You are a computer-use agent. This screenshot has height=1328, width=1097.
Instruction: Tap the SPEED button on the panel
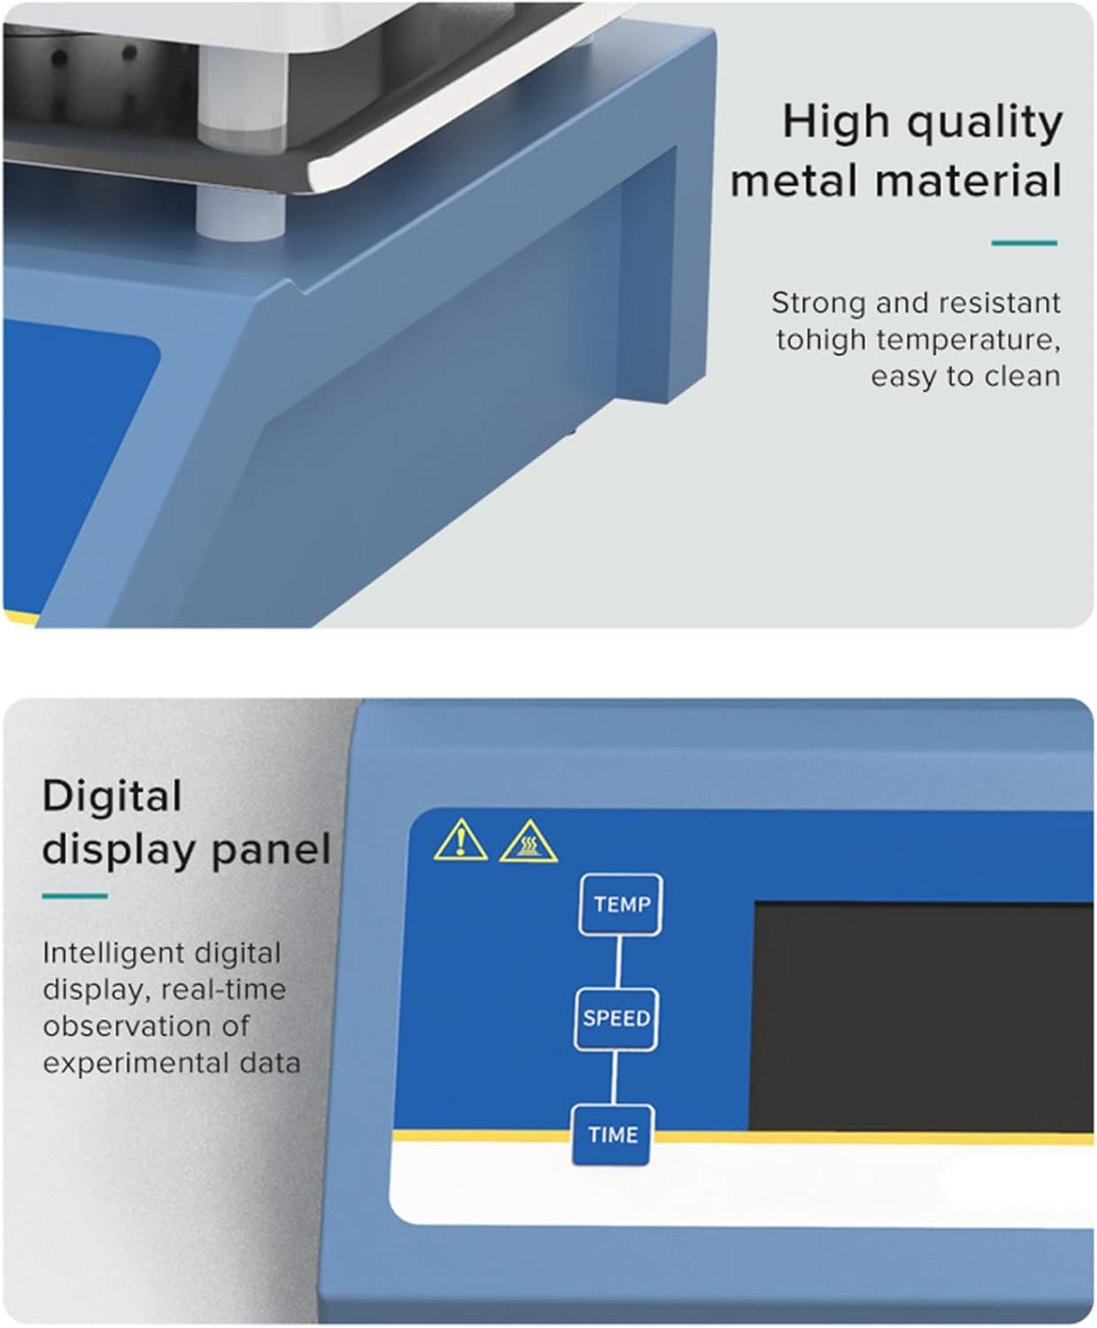(615, 1019)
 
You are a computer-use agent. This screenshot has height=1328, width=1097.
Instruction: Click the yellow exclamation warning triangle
(460, 840)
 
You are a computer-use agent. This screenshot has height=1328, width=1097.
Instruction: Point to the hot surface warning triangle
(529, 842)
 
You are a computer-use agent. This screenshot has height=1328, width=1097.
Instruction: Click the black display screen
(923, 1017)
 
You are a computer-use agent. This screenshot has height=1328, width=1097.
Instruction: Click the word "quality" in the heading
(985, 122)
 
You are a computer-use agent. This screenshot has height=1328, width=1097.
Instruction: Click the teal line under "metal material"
(1024, 243)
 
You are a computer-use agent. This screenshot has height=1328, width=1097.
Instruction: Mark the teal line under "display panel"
(75, 896)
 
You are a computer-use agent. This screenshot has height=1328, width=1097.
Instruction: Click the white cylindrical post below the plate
(240, 213)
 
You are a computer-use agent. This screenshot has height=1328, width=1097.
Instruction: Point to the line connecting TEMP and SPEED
(619, 962)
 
